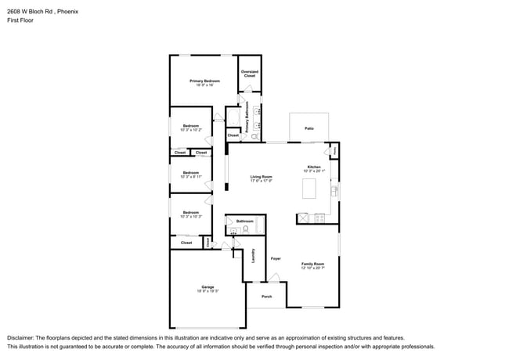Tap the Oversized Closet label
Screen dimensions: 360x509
(x=249, y=74)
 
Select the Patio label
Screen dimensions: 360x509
(x=309, y=127)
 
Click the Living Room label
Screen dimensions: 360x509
(x=261, y=178)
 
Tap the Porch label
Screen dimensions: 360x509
(x=266, y=297)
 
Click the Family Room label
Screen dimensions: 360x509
(x=312, y=265)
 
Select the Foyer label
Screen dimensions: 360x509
(x=276, y=258)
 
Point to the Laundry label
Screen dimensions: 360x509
(x=253, y=255)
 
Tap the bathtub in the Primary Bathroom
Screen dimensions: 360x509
(x=233, y=119)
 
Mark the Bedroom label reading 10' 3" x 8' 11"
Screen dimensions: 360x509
(x=191, y=175)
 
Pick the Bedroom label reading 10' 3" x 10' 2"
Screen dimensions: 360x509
(x=191, y=128)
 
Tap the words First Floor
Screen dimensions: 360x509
(x=20, y=21)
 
